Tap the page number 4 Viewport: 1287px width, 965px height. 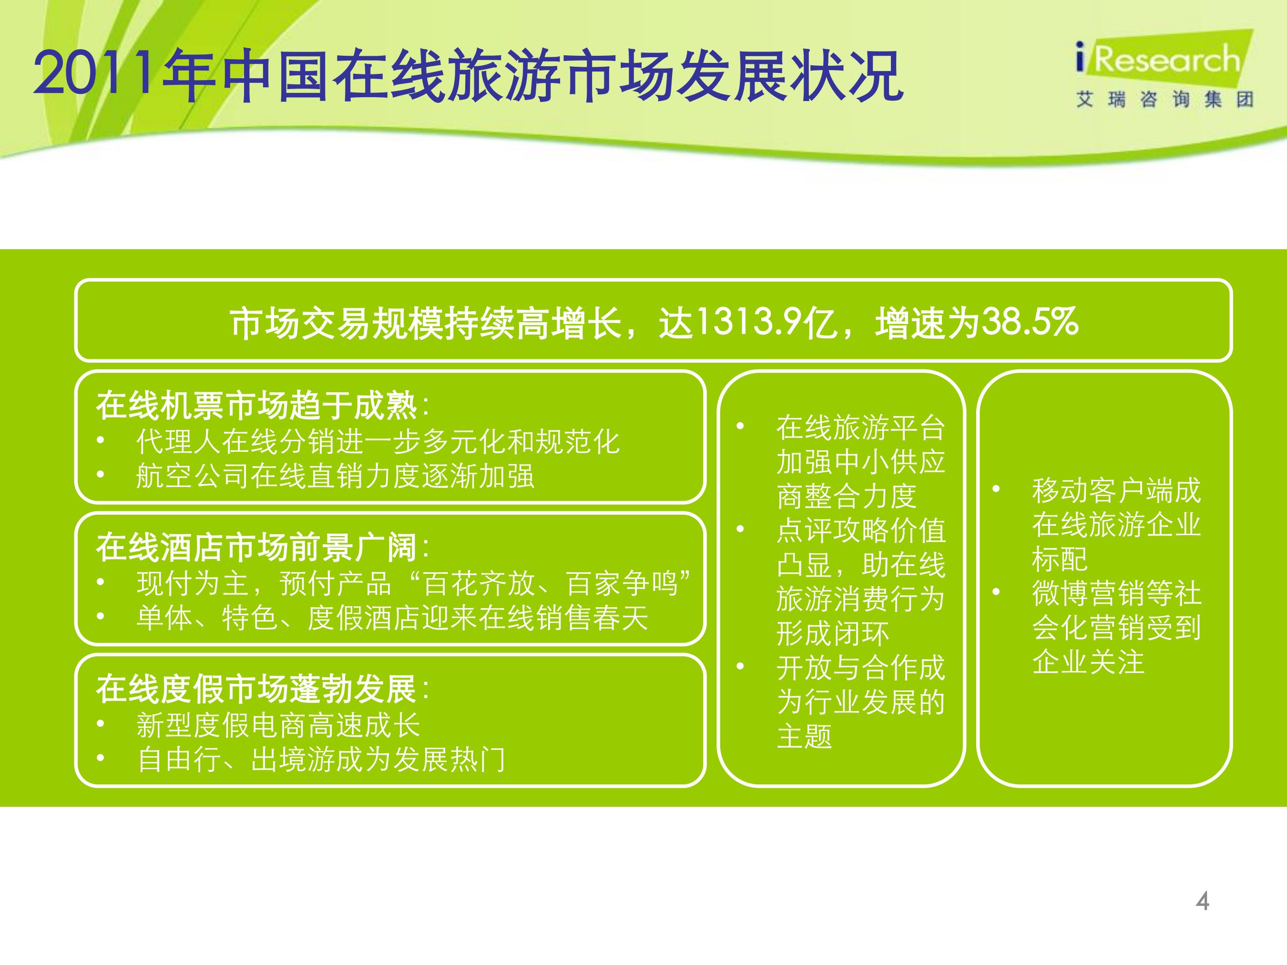click(1202, 901)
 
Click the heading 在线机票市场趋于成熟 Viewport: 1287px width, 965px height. click(256, 406)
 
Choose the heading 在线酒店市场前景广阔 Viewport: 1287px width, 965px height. click(256, 548)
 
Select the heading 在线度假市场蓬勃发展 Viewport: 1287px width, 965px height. click(256, 689)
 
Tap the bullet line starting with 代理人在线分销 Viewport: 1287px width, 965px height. click(378, 442)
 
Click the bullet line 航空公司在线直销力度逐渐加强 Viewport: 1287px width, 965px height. click(335, 477)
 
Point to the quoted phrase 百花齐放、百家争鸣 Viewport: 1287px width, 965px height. click(550, 583)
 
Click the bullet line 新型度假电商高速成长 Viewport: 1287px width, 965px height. click(278, 725)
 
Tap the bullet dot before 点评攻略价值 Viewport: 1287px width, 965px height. click(740, 529)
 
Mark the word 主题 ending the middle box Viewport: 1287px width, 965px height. click(805, 736)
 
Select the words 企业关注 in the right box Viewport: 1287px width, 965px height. click(1088, 662)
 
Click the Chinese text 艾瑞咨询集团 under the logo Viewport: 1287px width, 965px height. click(1164, 100)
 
